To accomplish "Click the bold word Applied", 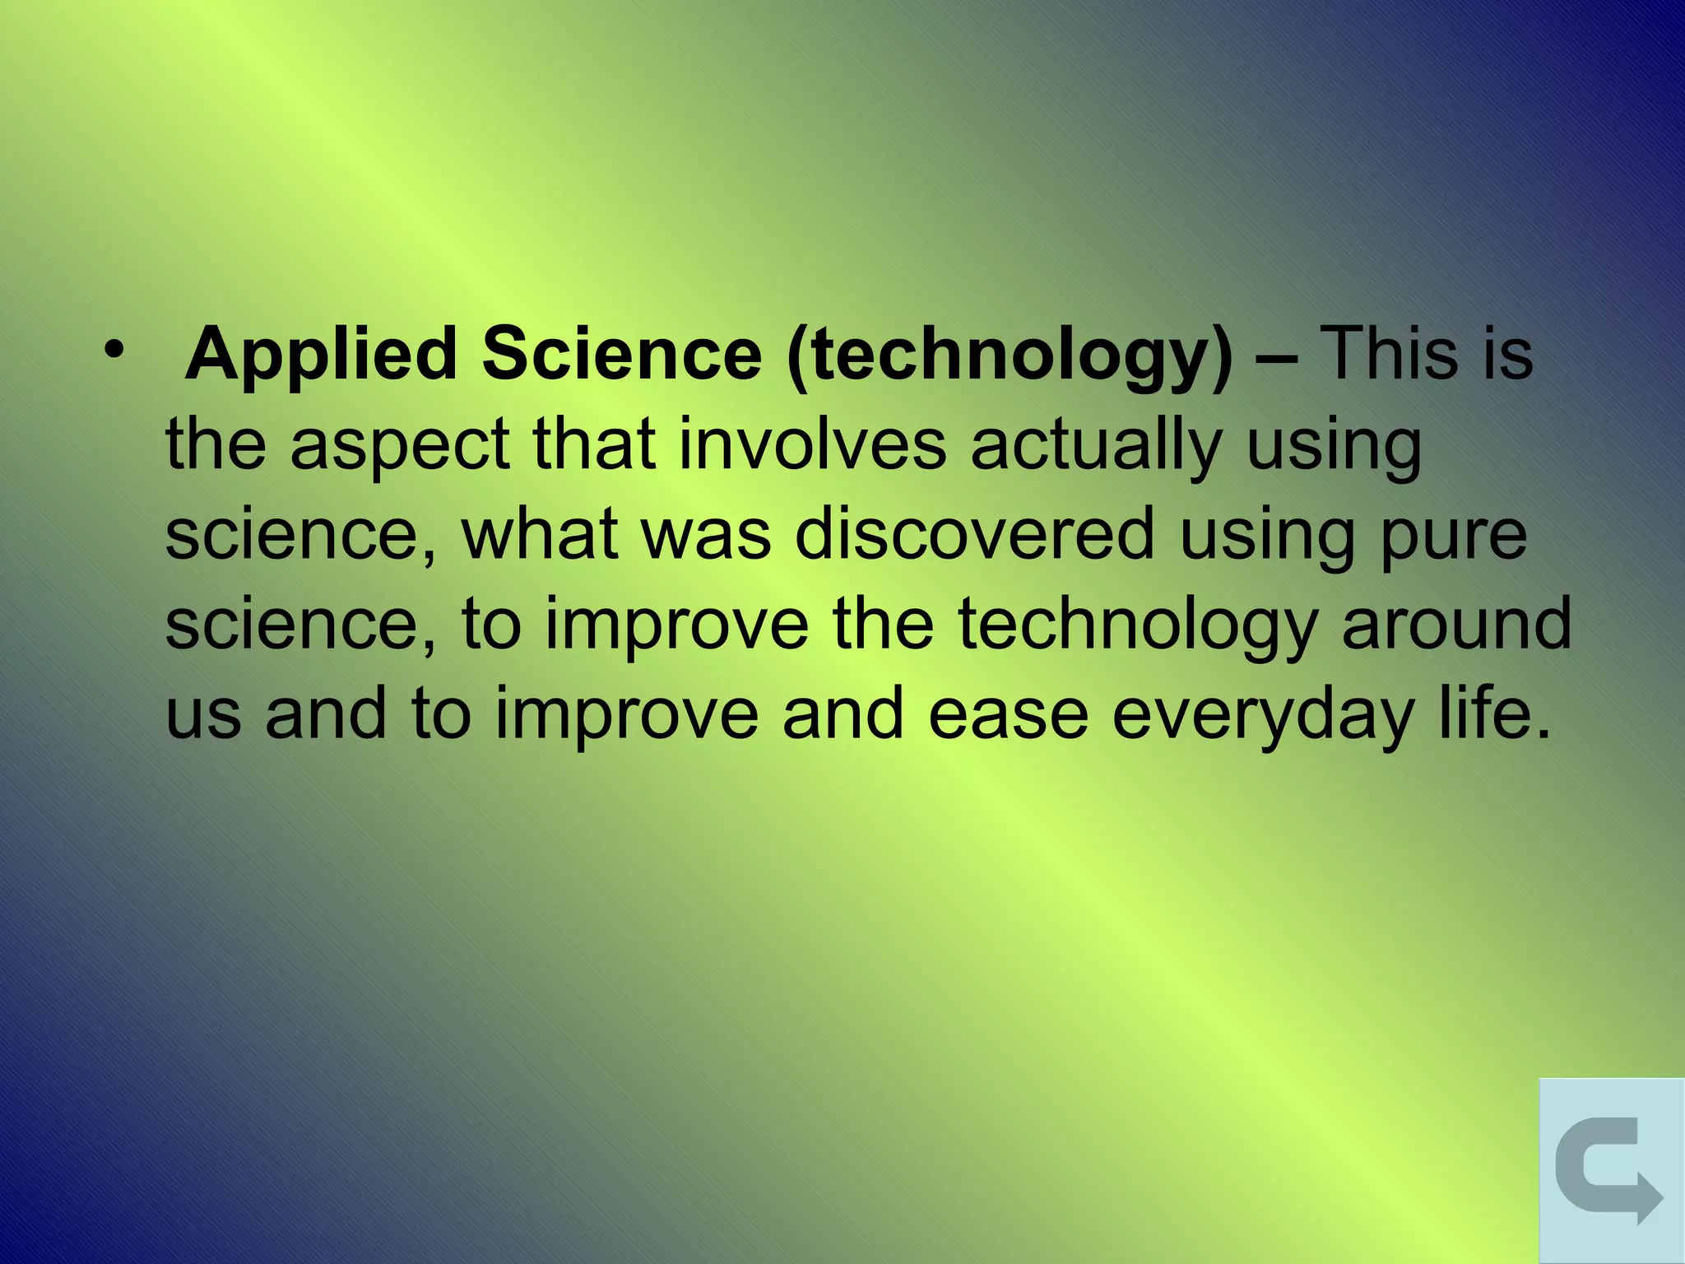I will coord(321,355).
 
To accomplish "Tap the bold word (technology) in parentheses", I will coord(1010,355).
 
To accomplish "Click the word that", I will coord(594,444).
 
